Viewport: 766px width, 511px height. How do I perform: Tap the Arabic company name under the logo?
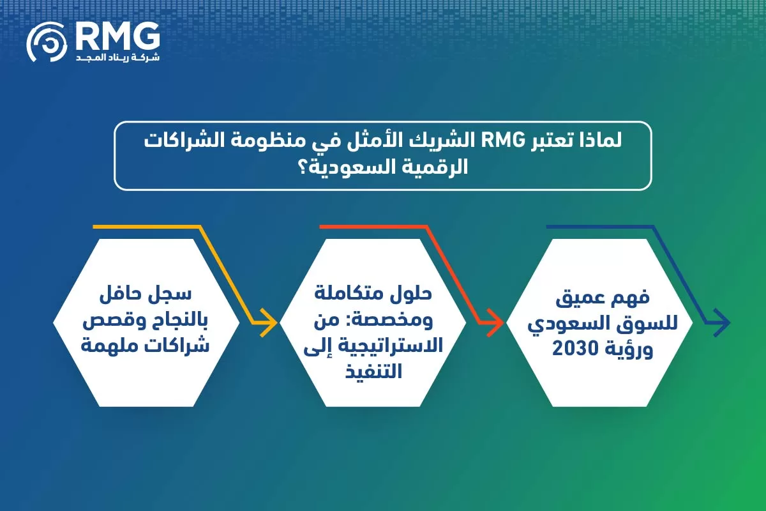point(117,57)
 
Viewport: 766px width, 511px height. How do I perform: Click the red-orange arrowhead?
point(492,322)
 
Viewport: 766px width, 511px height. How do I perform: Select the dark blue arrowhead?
point(720,323)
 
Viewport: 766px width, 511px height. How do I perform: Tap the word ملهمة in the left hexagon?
point(110,347)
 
